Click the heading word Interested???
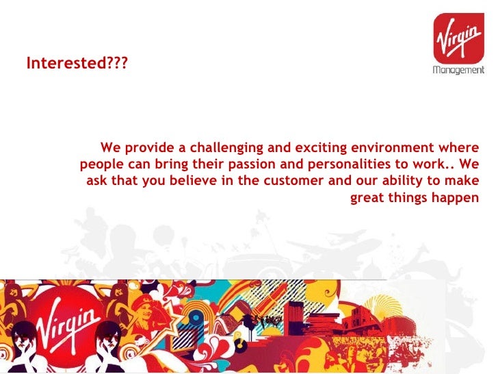(x=77, y=64)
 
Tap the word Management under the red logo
(x=458, y=70)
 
